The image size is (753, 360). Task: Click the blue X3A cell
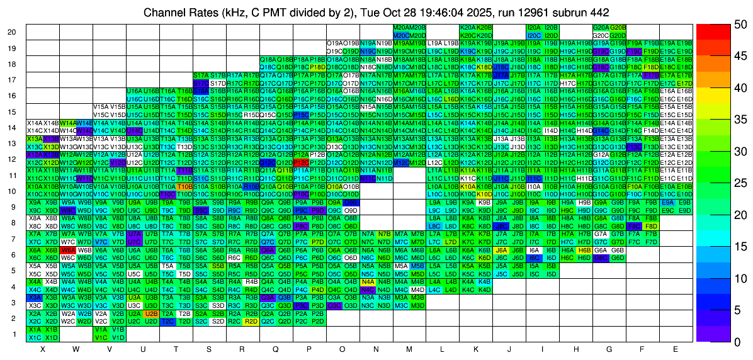click(35, 297)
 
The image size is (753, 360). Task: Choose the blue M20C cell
click(401, 35)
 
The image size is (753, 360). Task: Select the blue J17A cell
click(501, 75)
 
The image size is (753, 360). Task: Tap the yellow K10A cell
click(468, 186)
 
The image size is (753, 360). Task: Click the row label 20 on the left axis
click(12, 32)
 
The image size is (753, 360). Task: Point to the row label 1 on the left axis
click(14, 334)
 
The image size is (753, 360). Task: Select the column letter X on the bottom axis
click(42, 348)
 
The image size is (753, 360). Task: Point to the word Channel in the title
click(161, 12)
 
